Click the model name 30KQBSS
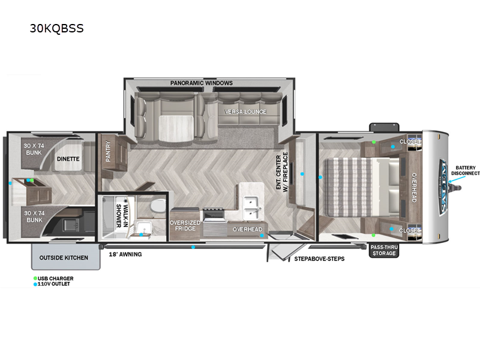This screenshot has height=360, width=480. (x=56, y=28)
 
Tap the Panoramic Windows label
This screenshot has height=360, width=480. (x=202, y=83)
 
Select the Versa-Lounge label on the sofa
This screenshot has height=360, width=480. (x=245, y=112)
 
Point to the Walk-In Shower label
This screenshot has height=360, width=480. (x=122, y=216)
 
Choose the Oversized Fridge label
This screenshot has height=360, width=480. (x=185, y=226)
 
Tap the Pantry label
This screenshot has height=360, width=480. (x=108, y=151)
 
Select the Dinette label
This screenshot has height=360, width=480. (x=68, y=159)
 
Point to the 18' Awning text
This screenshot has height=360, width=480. (x=125, y=254)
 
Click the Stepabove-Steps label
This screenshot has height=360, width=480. (x=319, y=259)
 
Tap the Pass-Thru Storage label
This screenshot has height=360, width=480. (x=384, y=250)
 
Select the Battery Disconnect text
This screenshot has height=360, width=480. (x=466, y=170)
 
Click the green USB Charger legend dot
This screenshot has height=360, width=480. (x=35, y=278)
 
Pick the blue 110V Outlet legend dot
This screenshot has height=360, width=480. (x=35, y=284)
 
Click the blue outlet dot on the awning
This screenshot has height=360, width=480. (x=193, y=247)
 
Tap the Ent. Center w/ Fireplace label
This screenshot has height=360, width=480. (x=282, y=172)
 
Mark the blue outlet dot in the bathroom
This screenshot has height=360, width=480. (x=141, y=235)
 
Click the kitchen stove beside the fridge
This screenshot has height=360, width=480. (x=214, y=223)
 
